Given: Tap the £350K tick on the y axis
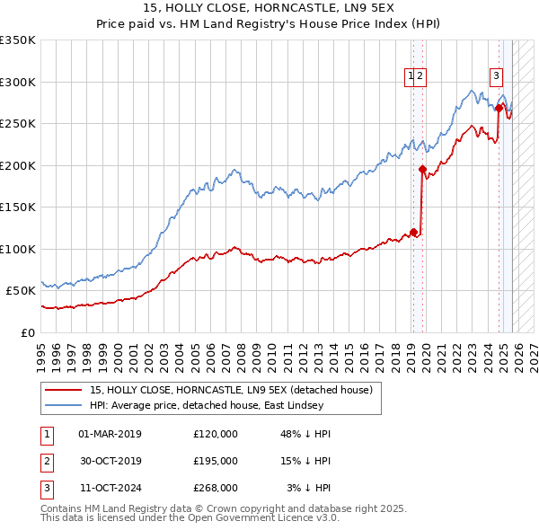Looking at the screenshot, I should pos(18,40).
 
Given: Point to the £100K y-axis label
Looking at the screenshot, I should pos(18,249).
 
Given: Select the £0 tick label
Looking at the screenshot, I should pos(27,332).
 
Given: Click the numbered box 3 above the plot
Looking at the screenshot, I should pos(495,77).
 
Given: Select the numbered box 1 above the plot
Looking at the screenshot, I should pos(411,77).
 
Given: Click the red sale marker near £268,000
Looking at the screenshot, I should pos(499,108).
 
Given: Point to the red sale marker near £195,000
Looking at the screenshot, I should pos(422,169).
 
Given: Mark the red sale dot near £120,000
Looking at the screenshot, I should pos(413,232).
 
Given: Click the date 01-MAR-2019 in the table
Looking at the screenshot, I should pos(110,434).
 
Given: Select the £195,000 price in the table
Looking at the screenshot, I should pos(216,461).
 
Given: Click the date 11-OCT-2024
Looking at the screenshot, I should pos(110,488).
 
